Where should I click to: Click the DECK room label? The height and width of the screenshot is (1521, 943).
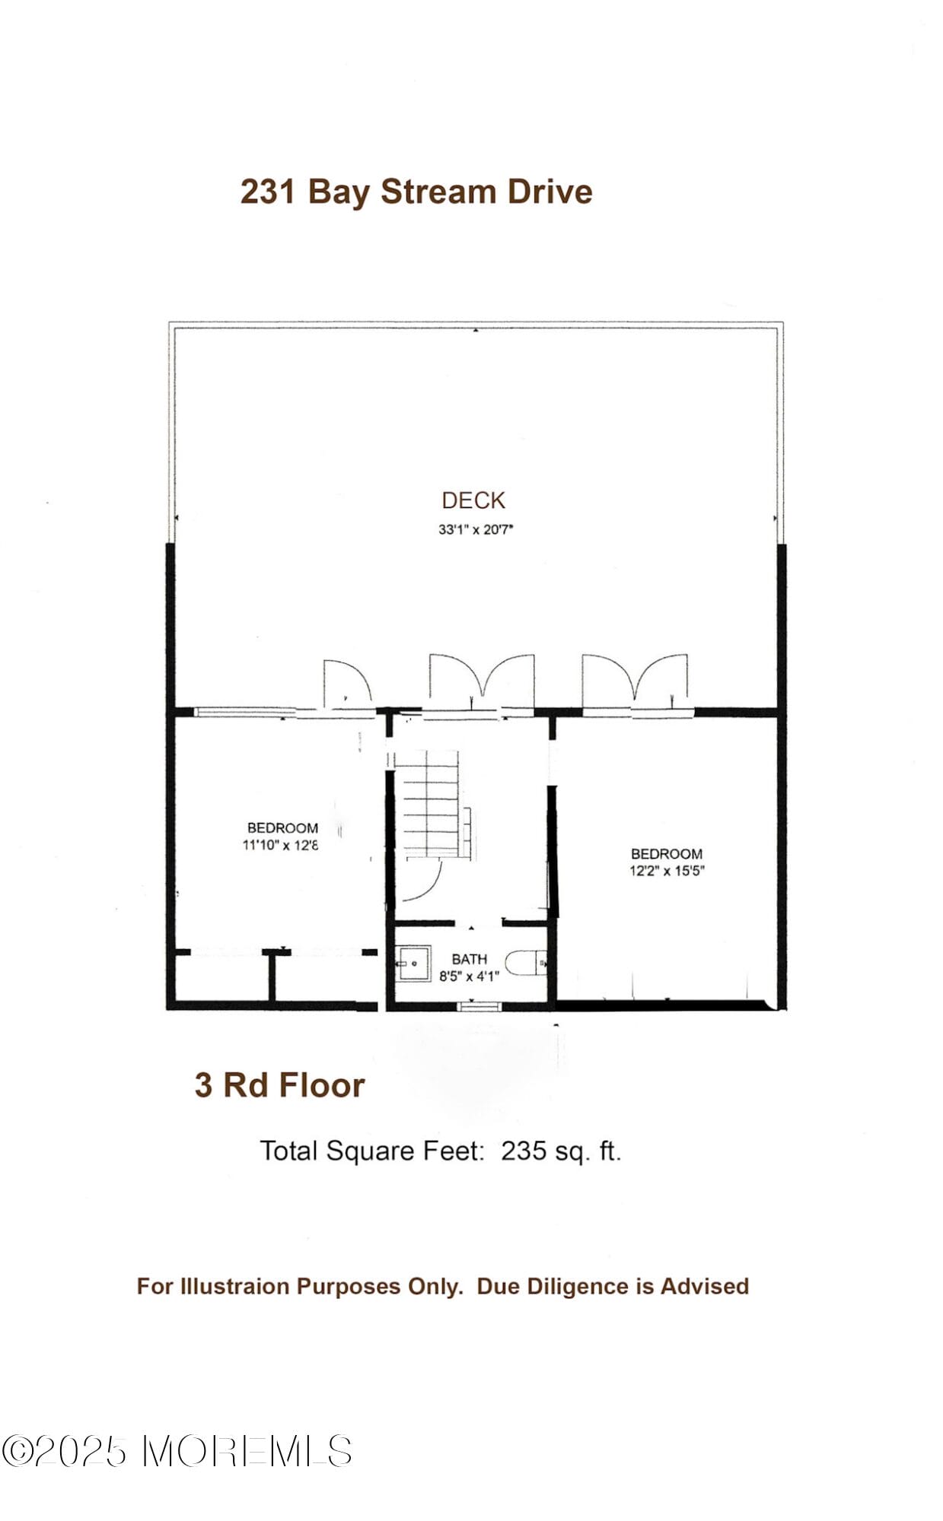(473, 500)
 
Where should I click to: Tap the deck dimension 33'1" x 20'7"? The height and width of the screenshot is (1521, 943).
(476, 529)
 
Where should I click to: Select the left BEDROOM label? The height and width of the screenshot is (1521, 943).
(282, 827)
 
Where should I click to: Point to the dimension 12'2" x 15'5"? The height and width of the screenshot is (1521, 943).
(666, 871)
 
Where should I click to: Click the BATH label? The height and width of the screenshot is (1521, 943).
(469, 959)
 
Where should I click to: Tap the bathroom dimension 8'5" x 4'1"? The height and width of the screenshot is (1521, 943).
(469, 976)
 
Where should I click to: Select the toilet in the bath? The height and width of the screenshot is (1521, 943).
(525, 964)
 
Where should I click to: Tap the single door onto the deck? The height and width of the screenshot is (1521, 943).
(346, 683)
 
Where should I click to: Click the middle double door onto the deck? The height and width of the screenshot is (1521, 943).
(481, 679)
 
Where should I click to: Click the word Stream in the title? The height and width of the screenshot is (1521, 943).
(438, 192)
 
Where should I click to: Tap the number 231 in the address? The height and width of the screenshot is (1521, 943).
(268, 192)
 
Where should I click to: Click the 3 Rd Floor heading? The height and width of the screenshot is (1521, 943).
(279, 1085)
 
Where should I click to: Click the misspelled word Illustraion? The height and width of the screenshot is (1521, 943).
(236, 1286)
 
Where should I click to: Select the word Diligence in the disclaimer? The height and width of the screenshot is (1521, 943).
(578, 1286)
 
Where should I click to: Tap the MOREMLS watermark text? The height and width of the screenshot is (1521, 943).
(247, 1451)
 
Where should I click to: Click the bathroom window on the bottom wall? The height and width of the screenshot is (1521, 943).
(479, 1006)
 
